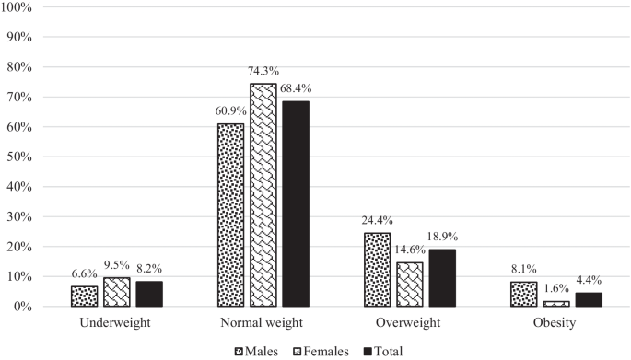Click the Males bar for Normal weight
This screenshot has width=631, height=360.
point(230,215)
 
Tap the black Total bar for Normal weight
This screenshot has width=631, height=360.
point(296,203)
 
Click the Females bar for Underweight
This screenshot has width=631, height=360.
point(117,292)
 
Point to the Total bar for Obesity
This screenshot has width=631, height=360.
point(589,299)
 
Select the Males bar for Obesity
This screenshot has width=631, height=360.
point(523,294)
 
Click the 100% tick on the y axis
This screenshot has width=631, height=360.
point(19,8)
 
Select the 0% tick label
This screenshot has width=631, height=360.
point(25,306)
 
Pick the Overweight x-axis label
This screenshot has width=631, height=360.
point(409,324)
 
